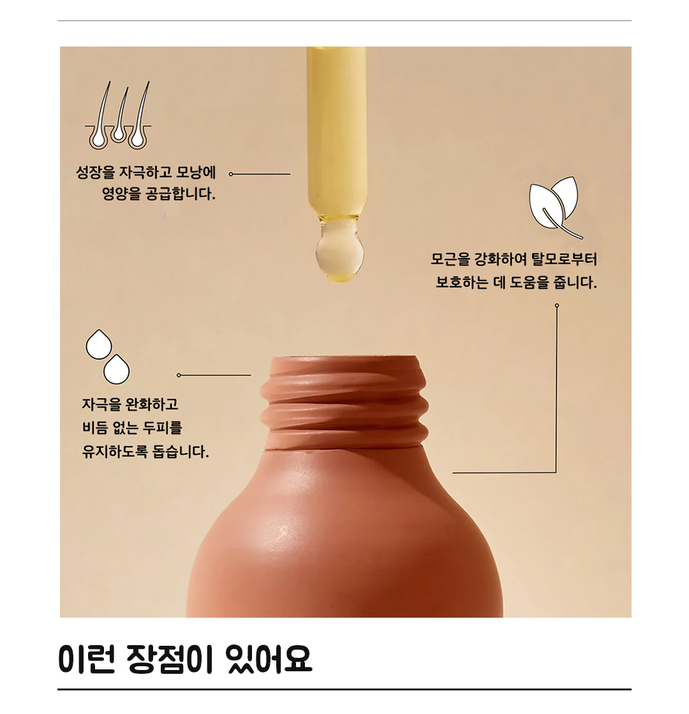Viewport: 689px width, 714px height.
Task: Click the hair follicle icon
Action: pyautogui.click(x=118, y=115)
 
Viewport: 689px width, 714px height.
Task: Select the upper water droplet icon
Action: pyautogui.click(x=99, y=344)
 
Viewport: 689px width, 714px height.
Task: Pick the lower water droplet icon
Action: pyautogui.click(x=117, y=369)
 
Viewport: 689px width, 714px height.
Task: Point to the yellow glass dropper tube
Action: pyautogui.click(x=337, y=132)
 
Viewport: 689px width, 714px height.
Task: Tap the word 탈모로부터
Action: pyautogui.click(x=564, y=259)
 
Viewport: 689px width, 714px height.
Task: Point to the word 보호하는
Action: pyautogui.click(x=462, y=283)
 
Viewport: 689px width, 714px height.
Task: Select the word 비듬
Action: pyautogui.click(x=95, y=428)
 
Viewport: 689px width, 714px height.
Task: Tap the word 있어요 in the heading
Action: pyautogui.click(x=269, y=659)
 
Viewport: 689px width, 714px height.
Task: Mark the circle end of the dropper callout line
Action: pyautogui.click(x=231, y=174)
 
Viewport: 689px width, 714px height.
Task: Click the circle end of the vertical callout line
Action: pyautogui.click(x=557, y=305)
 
